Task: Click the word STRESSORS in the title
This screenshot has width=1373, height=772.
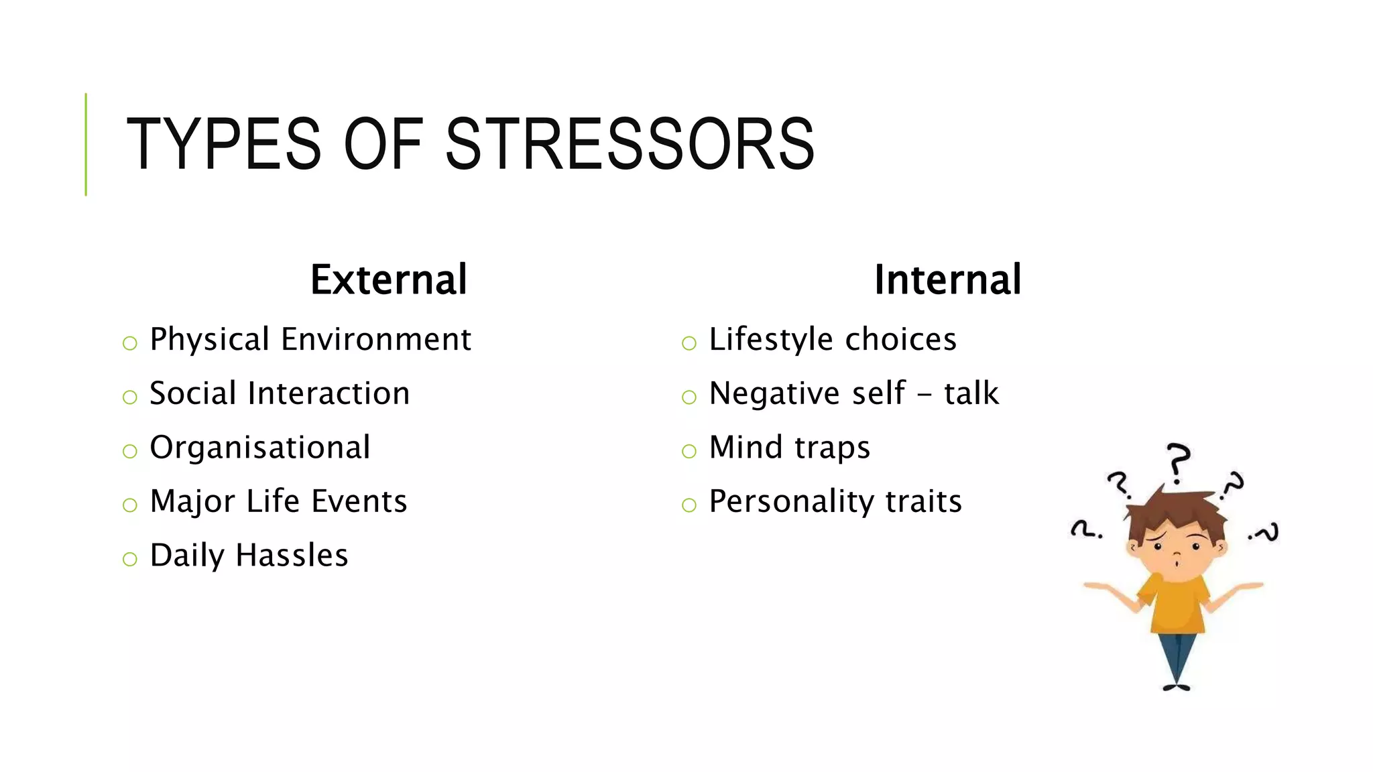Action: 630,144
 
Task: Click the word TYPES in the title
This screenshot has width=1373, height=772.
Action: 224,144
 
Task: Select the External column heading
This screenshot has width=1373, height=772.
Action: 388,279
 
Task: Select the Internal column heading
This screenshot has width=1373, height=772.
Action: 947,279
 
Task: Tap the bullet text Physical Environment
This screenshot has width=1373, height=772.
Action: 310,339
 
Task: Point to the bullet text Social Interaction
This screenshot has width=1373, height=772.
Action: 280,393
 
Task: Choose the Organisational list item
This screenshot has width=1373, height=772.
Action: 259,448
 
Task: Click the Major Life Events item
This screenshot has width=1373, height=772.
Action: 278,501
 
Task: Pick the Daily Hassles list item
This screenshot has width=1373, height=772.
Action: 249,556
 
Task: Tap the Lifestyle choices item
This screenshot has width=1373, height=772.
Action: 833,339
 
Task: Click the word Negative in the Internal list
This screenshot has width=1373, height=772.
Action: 774,393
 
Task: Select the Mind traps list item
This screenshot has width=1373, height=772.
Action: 789,448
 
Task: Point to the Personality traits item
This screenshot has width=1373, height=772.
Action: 835,501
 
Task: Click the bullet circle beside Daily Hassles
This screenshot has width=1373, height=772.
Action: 130,559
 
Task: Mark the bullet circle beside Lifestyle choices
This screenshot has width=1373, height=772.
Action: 689,344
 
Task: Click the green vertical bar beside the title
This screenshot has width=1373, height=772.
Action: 86,144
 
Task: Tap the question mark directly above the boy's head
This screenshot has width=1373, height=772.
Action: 1178,462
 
